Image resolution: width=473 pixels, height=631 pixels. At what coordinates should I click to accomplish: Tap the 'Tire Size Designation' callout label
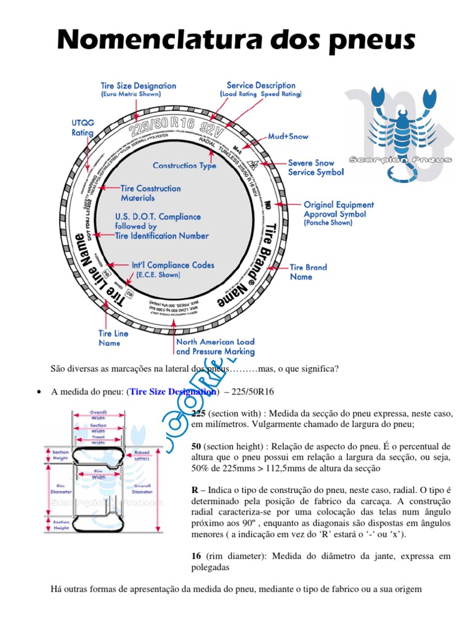coord(138,90)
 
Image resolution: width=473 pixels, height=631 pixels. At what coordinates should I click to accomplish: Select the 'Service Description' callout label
coord(261,89)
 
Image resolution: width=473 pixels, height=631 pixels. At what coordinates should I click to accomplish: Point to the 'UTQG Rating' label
coord(83,128)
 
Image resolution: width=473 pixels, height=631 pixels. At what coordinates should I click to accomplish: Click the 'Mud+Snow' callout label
coord(288,136)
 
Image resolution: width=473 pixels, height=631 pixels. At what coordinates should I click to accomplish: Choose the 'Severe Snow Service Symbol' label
coord(316,168)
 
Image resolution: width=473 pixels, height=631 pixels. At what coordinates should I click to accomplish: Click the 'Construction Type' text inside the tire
coord(184,166)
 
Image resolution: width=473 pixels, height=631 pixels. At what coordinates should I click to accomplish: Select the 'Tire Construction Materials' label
coord(150,193)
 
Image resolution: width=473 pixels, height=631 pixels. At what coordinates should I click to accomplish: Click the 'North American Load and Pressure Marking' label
coord(215,346)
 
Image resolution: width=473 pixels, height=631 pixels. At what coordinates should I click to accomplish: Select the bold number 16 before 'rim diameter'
coord(198,555)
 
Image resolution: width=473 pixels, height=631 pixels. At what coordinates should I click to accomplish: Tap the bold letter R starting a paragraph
coord(195,489)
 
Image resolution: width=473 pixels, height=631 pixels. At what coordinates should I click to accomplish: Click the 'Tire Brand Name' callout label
coord(309,272)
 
